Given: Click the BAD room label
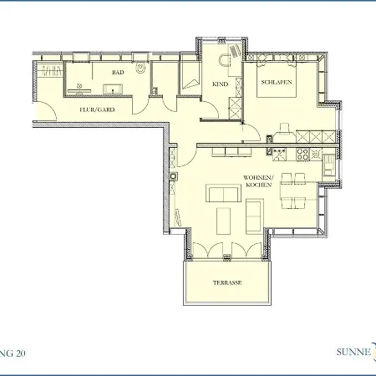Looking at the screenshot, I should pos(118,73).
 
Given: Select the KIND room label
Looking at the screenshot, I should pos(220,84).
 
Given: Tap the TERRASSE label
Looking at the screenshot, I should pos(226,282).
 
